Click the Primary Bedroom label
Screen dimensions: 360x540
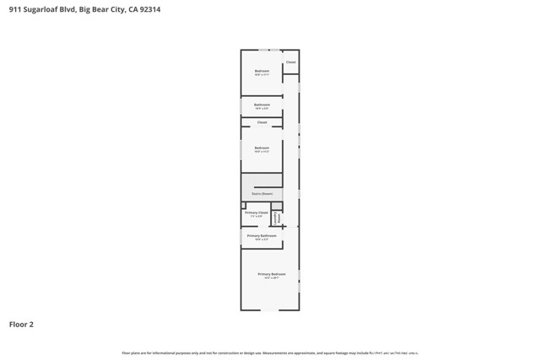click(272, 274)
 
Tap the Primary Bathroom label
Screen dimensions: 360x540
click(262, 235)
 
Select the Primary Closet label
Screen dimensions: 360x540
click(257, 212)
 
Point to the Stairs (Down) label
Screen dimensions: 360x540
click(262, 194)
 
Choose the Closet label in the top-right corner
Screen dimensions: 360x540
click(290, 62)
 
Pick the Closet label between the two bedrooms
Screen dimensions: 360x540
click(262, 122)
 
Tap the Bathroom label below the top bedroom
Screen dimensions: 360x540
click(262, 105)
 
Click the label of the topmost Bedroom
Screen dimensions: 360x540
click(262, 71)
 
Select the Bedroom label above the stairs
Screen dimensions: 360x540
click(262, 148)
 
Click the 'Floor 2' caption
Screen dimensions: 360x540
click(21, 324)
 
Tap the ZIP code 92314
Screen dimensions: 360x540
click(149, 10)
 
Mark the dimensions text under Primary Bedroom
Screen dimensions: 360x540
click(272, 278)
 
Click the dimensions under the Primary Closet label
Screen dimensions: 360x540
click(257, 217)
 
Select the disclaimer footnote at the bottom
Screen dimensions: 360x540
click(270, 352)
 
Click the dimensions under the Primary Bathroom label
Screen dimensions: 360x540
click(262, 239)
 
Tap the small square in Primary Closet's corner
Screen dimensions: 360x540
click(244, 205)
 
